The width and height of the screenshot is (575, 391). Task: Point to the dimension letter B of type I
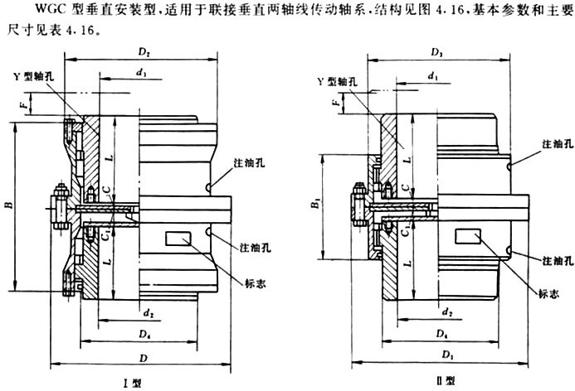(7, 202)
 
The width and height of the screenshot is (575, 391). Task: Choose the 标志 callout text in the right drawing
(548, 294)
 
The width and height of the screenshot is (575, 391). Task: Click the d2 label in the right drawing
(447, 312)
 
